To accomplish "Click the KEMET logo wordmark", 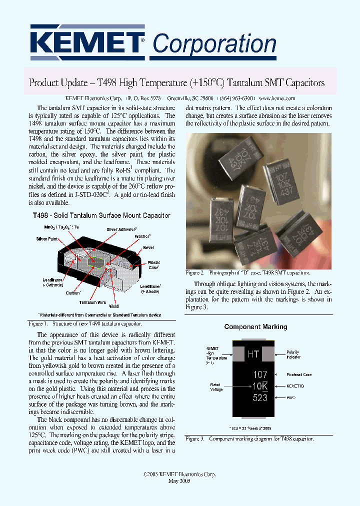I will pos(88,42).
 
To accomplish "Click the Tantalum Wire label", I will pos(91,302).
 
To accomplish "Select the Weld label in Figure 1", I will pos(113,306).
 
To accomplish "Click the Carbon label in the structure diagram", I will pos(73,293).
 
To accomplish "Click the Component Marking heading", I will pos(255,326).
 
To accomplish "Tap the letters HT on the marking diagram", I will pos(253,354).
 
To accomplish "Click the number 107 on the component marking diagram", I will pos(260,374).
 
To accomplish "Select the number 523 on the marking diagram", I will pos(260,398).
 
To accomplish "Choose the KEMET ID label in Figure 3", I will pos(295,386).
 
